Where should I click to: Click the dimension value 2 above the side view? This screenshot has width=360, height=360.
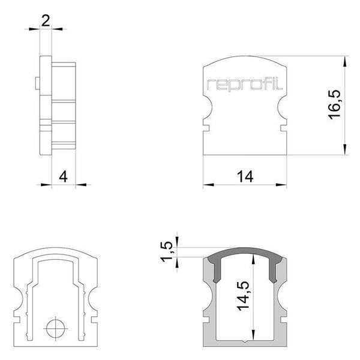pyautogui.click(x=46, y=21)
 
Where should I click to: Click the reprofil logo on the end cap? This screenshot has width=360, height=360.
pyautogui.click(x=245, y=84)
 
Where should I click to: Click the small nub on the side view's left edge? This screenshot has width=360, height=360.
pyautogui.click(x=38, y=84)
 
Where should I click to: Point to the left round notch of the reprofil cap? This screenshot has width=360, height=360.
pyautogui.click(x=206, y=110)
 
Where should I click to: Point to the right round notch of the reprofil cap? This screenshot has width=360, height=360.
pyautogui.click(x=283, y=110)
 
